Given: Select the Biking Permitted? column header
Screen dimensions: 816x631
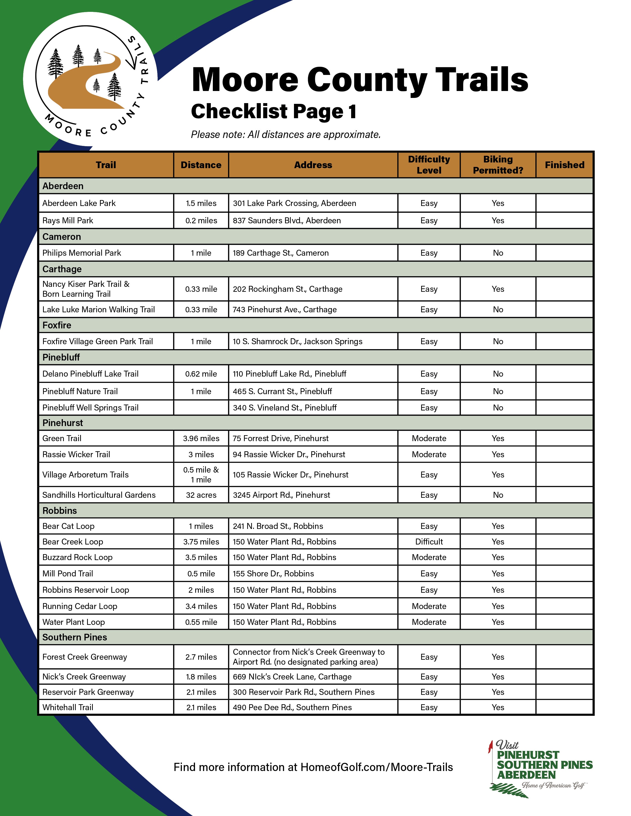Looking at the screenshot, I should coord(498,165).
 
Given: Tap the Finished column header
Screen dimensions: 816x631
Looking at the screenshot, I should coord(564,165).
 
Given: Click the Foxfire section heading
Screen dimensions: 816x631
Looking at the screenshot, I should coord(57,325).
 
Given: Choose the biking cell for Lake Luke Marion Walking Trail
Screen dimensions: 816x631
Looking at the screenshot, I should coord(498,309).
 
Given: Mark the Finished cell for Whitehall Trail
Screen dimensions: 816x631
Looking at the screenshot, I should coord(564,707).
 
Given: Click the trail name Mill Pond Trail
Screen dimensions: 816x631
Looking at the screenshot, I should coord(68,573).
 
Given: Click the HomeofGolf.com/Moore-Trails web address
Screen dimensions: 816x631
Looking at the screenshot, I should coord(376,767).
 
